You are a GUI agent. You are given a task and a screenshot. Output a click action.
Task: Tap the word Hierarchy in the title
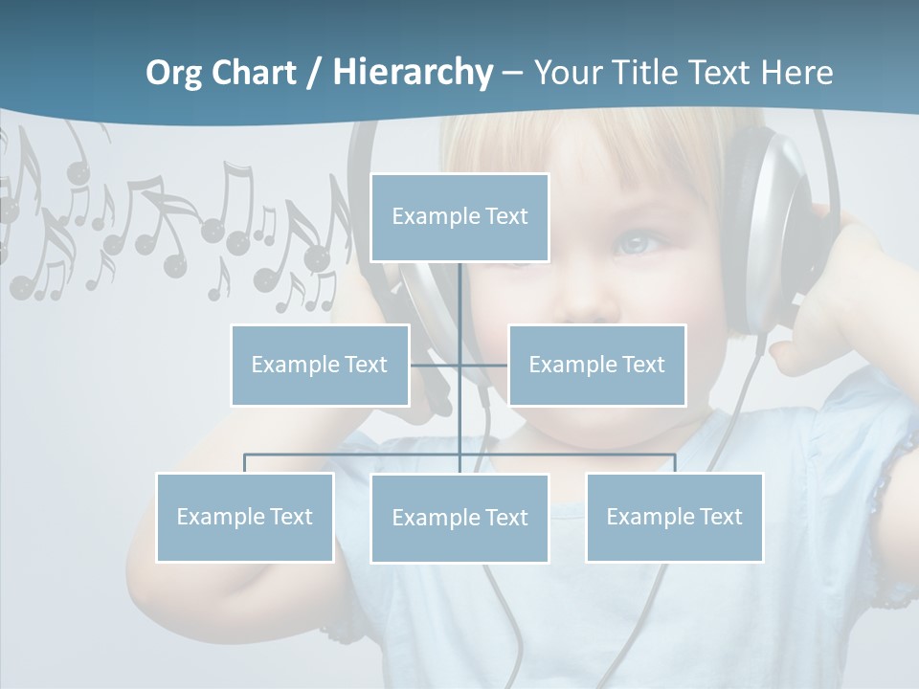[x=413, y=73]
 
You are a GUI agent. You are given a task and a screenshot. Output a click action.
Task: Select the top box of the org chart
[x=459, y=217]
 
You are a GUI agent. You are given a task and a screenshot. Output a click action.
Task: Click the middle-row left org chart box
[x=320, y=365]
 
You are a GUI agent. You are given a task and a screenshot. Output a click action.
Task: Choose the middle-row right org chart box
[x=596, y=365]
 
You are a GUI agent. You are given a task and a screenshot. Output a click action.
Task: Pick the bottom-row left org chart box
[x=244, y=517]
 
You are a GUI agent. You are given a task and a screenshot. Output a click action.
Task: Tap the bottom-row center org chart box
[x=459, y=518]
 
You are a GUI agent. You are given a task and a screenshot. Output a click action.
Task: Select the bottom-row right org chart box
[x=674, y=517]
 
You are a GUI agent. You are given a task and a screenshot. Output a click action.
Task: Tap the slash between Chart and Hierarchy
[x=315, y=74]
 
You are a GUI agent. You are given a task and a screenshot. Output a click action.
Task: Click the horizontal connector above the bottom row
[x=354, y=455]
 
